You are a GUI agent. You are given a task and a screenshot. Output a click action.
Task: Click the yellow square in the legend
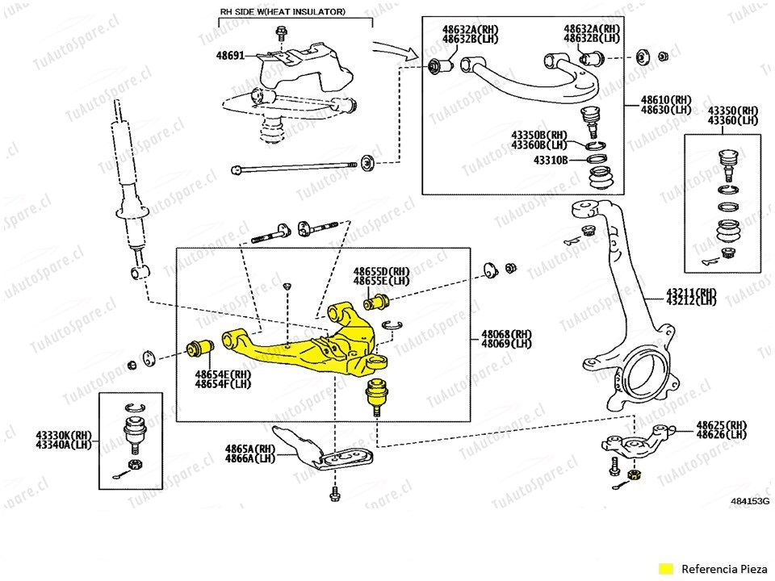[x=666, y=566]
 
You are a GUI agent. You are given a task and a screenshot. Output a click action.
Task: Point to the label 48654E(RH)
[x=223, y=374]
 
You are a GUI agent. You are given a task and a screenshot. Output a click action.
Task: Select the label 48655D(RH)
[x=382, y=272]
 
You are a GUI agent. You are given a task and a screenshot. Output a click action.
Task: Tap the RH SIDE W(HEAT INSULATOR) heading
[x=283, y=12]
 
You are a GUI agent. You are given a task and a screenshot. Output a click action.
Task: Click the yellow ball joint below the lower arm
[x=375, y=395]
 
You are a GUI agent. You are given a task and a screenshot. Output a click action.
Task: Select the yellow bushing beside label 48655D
[x=376, y=303]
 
